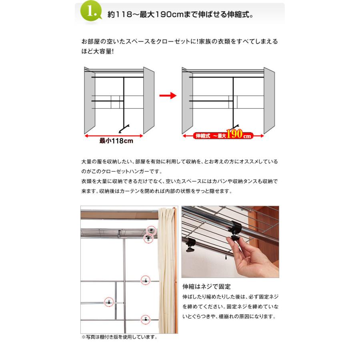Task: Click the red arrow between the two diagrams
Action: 168,96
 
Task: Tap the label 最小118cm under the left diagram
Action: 116,141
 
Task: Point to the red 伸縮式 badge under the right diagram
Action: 202,136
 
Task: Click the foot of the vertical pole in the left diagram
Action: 124,129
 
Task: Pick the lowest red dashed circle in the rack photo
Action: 146,319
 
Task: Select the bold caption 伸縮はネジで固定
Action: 206,287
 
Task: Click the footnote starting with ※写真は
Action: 119,337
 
